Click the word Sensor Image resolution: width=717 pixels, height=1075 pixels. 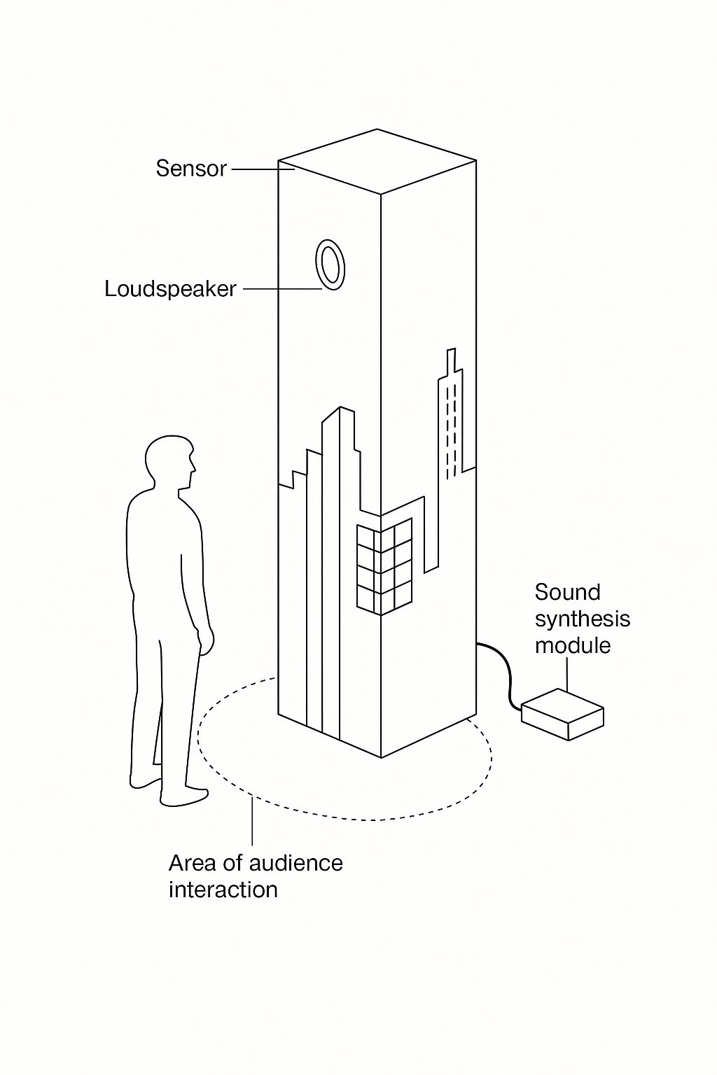(191, 169)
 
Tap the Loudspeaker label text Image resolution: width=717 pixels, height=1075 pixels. (170, 289)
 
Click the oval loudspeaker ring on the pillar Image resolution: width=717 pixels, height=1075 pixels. (330, 265)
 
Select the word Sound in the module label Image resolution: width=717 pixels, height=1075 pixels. (567, 592)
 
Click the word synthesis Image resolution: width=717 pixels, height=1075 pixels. (582, 619)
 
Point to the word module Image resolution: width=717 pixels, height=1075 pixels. (572, 645)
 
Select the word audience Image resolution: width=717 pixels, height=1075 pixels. (295, 863)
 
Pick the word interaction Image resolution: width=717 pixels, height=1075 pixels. (223, 890)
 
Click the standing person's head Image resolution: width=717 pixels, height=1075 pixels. (169, 463)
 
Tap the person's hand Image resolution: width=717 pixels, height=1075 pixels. (207, 640)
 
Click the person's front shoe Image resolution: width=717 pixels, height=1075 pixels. (183, 796)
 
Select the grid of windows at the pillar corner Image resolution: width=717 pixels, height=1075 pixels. (384, 568)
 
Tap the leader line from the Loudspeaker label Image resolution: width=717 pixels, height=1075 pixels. (280, 289)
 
